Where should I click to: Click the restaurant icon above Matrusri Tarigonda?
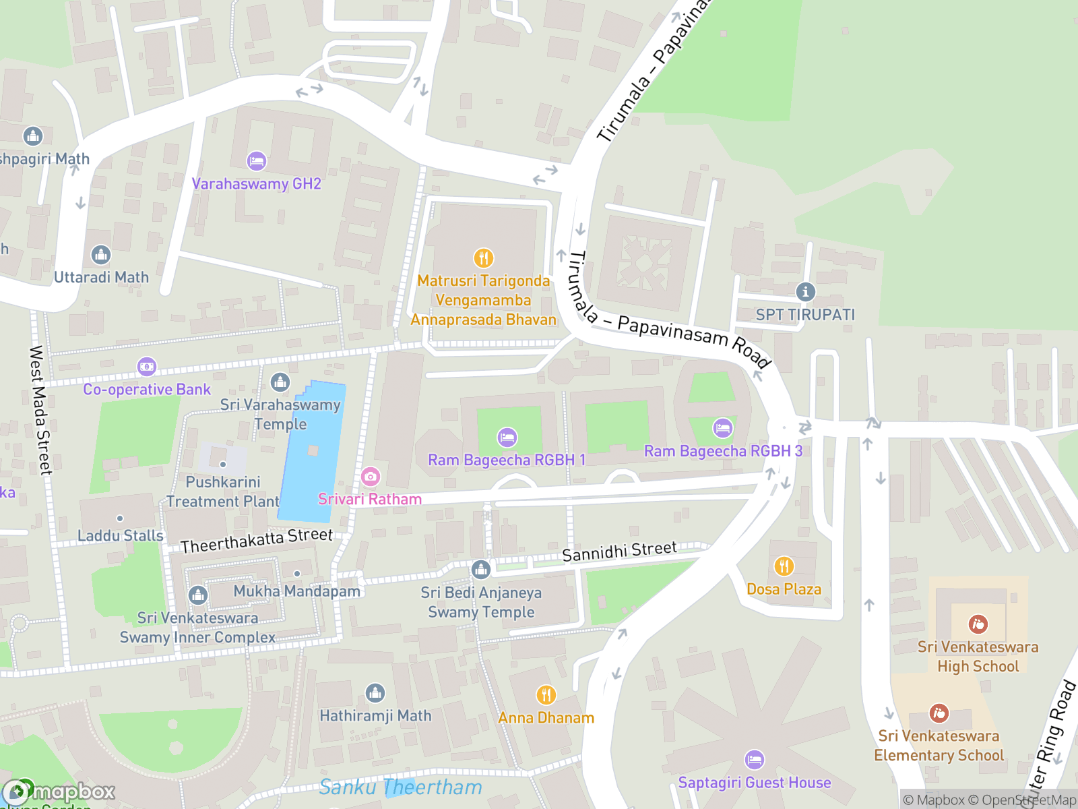483,258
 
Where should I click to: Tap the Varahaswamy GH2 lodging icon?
257,161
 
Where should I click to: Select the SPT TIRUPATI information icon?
805,292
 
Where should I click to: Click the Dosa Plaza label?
784,589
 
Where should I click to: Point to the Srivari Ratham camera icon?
370,477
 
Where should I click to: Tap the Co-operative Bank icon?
147,367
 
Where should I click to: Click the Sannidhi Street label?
619,551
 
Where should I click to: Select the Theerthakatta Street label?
257,541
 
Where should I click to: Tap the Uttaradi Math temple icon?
101,255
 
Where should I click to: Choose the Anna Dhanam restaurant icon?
546,694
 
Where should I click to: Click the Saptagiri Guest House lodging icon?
754,760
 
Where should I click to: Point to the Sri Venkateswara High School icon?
978,624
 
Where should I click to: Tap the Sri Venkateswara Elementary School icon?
939,713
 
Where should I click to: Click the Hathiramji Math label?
375,716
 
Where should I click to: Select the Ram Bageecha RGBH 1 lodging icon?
507,438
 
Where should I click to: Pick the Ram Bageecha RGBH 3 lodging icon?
722,428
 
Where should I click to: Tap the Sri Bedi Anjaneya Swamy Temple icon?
480,570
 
